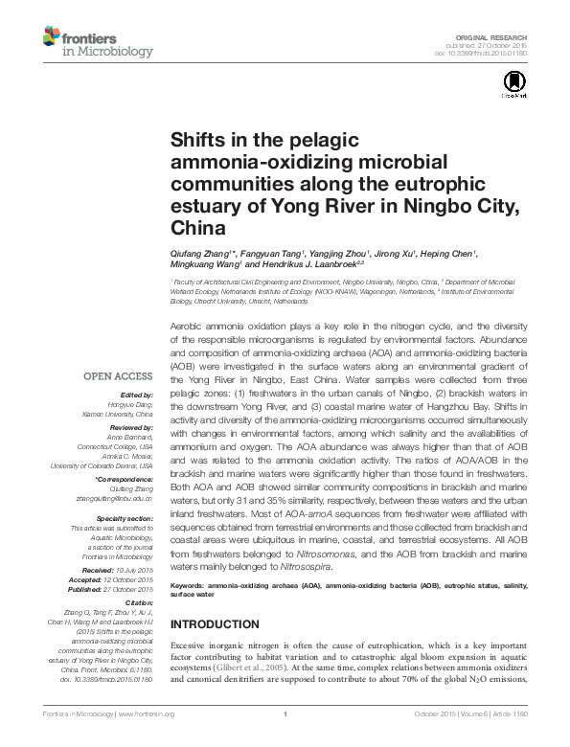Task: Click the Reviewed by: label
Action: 134,427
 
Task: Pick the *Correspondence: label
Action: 126,478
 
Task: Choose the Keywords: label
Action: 191,582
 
